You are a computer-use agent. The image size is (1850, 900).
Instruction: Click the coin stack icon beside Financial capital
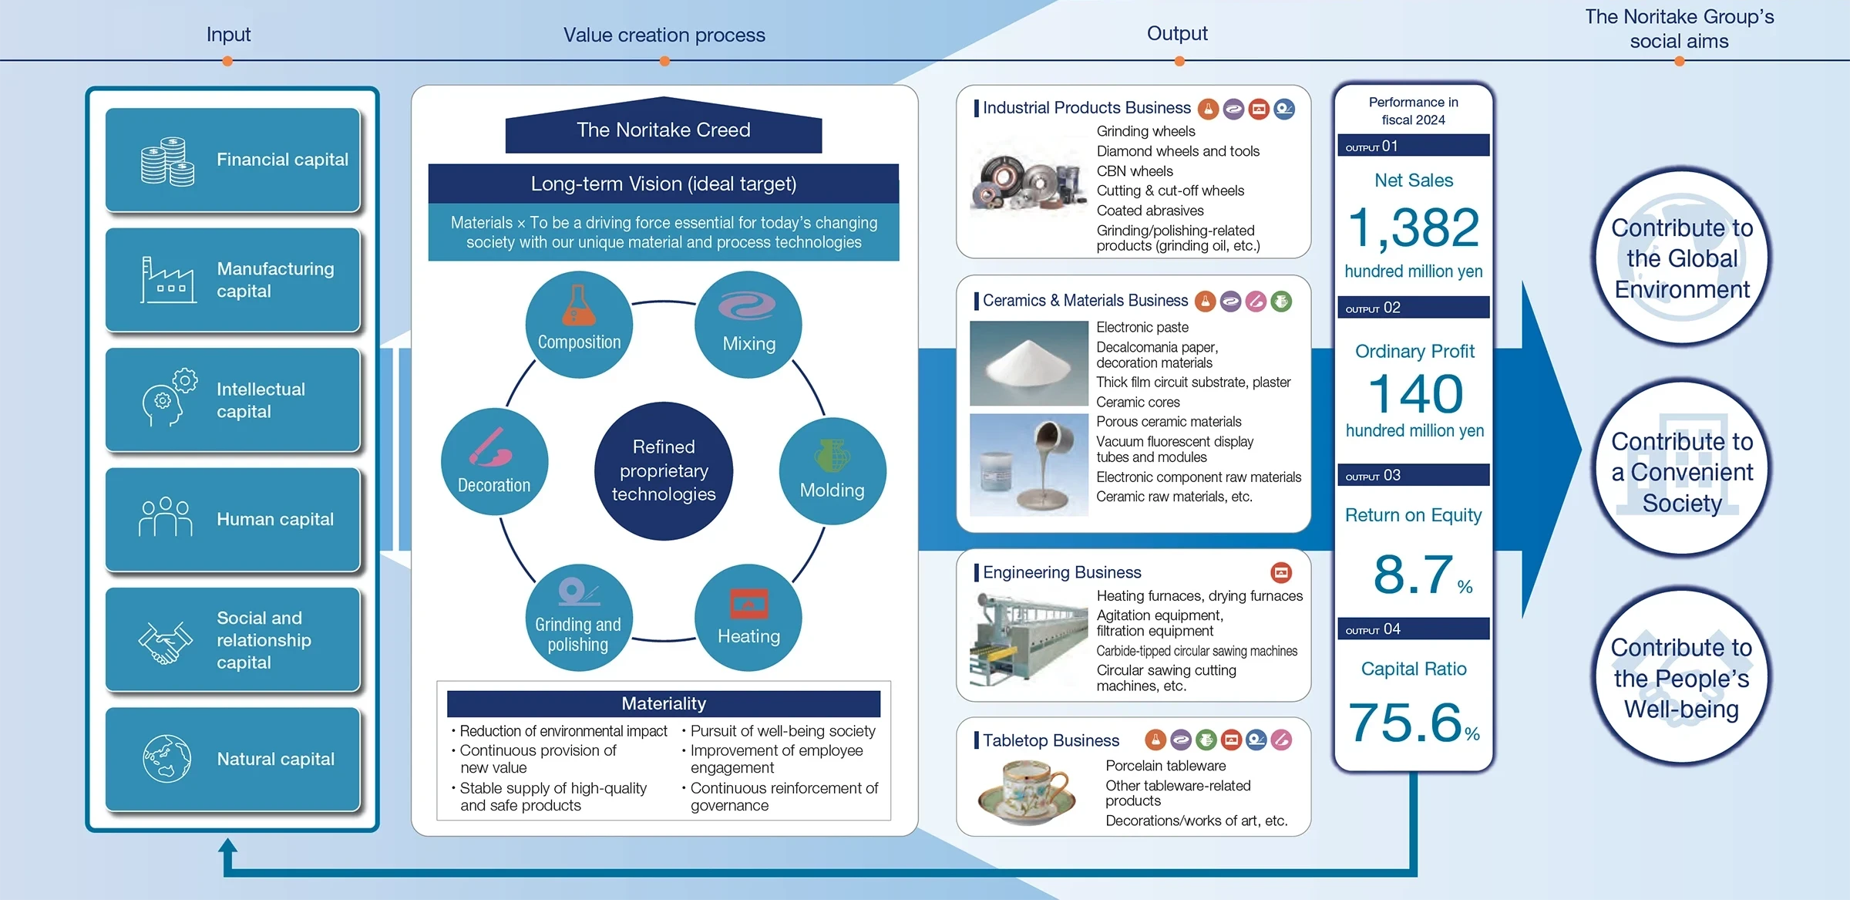(167, 161)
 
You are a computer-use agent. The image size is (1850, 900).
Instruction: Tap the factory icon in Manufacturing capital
(168, 280)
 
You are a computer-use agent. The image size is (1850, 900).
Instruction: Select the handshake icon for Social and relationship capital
(165, 642)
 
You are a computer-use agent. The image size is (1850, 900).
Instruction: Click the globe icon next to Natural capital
(166, 759)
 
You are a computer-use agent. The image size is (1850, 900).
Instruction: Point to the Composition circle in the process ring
(579, 325)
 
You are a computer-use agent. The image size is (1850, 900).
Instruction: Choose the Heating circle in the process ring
(748, 618)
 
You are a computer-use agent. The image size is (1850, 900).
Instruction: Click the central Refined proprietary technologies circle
(664, 470)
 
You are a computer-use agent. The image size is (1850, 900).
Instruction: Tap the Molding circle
(832, 471)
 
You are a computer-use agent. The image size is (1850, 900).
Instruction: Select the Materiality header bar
(664, 703)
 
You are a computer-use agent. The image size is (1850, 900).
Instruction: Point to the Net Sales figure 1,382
(1414, 228)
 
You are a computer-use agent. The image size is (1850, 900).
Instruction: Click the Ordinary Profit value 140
(1415, 394)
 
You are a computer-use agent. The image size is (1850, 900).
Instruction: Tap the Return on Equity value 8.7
(1414, 575)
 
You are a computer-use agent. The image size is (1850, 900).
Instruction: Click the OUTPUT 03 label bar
(1414, 475)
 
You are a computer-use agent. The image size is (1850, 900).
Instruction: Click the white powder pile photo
(1028, 363)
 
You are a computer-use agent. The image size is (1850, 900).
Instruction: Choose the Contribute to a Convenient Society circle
(1681, 471)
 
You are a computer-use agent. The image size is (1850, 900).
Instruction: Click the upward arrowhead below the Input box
(227, 847)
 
